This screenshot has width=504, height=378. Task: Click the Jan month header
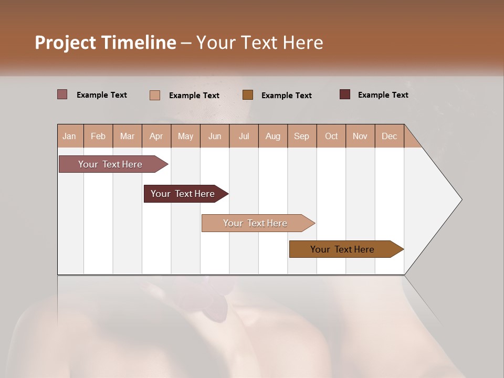69,136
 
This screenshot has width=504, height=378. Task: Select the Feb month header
98,136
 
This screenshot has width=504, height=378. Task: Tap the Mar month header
127,136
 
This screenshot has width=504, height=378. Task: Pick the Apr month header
156,136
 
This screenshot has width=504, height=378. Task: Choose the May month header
185,136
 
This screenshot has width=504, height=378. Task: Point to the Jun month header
215,136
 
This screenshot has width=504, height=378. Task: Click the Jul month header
244,136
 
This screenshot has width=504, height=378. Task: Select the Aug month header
273,136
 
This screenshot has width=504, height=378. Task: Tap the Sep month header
302,136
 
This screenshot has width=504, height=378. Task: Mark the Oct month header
331,136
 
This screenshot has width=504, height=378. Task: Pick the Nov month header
360,136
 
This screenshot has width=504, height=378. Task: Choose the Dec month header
389,136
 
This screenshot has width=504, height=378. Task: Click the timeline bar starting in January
111,164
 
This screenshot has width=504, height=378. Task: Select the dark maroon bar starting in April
183,194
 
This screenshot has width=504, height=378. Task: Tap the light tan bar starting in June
256,223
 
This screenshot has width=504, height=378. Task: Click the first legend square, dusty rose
62,94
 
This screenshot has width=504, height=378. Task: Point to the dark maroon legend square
345,94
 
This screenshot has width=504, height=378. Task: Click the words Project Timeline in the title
106,43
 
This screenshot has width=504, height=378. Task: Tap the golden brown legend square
248,95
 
